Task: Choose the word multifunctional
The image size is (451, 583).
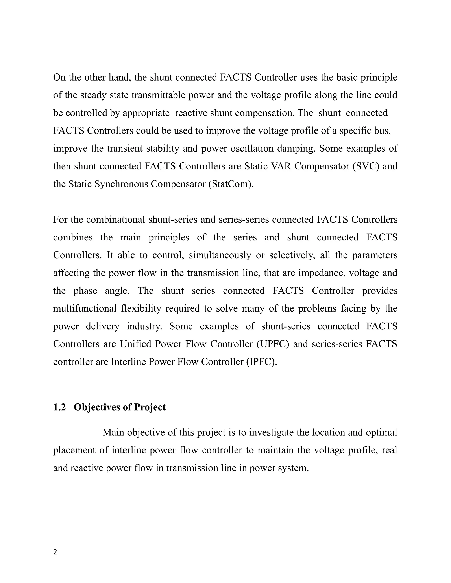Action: point(85,309)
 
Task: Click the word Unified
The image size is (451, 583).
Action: point(135,344)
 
